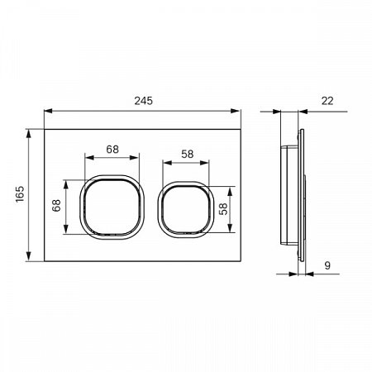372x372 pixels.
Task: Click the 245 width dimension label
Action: click(143, 101)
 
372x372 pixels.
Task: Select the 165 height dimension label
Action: click(20, 194)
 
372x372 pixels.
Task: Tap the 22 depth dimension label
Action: click(327, 101)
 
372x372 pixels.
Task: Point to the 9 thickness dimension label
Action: click(327, 265)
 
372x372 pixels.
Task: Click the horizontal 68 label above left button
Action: click(112, 150)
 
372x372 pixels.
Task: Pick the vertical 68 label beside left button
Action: click(56, 205)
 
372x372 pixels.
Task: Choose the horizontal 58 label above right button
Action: click(188, 154)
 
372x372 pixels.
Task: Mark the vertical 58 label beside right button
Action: click(223, 209)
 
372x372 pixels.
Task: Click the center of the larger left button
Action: click(112, 207)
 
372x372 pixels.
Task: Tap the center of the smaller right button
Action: click(186, 209)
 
